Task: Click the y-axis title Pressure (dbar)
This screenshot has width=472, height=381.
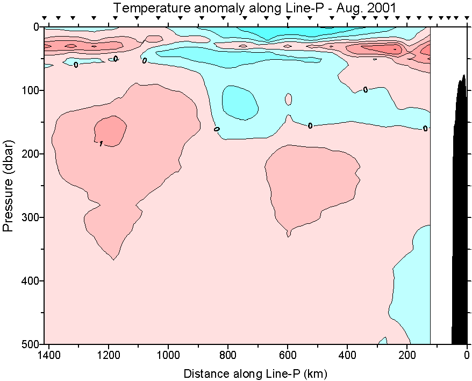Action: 8,185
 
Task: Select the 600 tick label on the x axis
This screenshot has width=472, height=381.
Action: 288,355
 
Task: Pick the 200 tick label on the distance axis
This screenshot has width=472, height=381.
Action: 407,355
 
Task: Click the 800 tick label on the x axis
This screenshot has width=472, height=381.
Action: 228,355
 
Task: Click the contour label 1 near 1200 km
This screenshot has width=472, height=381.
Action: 101,143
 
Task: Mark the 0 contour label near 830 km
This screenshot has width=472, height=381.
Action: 217,129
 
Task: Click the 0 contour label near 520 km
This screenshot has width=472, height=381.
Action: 310,125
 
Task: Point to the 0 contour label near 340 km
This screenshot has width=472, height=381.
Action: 366,89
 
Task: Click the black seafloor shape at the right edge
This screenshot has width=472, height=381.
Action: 460,215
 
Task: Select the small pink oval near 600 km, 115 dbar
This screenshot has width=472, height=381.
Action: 289,99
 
